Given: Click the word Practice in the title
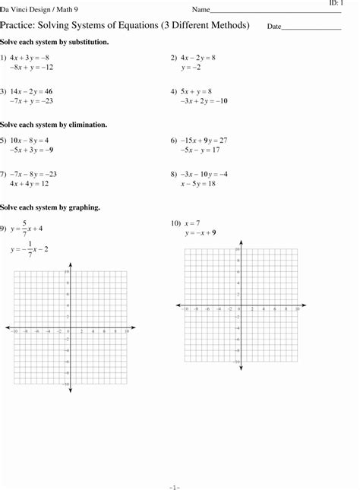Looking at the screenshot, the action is pos(19,26).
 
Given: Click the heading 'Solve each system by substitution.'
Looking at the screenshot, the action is pos(54,42).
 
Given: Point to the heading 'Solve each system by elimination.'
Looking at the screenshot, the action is pos(53,124).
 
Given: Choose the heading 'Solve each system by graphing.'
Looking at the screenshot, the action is pos(50,207).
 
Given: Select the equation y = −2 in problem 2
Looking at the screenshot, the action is pos(191,68).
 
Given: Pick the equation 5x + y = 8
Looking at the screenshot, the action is pos(196,90).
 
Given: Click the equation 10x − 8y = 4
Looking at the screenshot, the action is pos(30,140).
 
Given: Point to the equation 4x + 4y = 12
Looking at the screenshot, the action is pos(30,184).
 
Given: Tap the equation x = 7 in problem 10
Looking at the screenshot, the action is pos(191,223).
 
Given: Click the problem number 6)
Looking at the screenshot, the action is pos(174,140).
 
